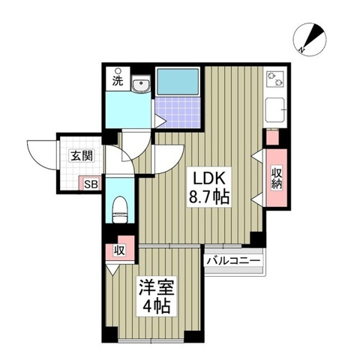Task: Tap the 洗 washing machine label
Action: (x=118, y=81)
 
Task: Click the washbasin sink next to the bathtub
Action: (x=140, y=87)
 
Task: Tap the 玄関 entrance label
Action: (x=82, y=156)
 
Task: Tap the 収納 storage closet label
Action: (x=276, y=178)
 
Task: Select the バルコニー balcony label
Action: (x=232, y=259)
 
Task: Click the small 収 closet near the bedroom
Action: (x=118, y=250)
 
